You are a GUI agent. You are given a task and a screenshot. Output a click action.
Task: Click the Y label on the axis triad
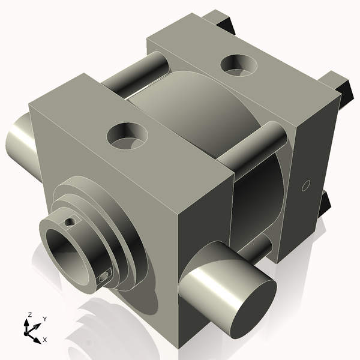(44, 319)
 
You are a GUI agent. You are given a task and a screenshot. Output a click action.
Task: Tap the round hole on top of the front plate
(127, 136)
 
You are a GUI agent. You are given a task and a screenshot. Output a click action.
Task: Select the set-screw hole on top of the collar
(71, 222)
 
